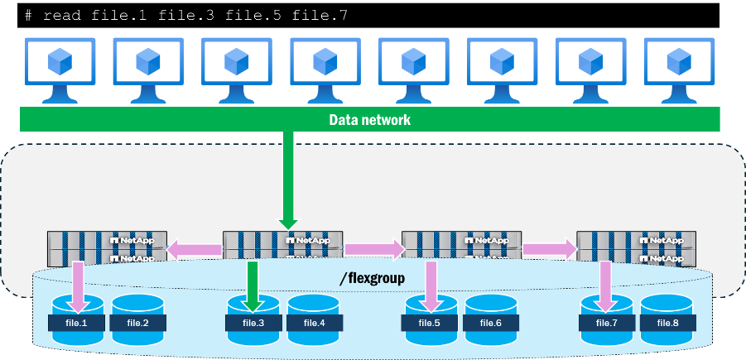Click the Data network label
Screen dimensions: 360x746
click(369, 120)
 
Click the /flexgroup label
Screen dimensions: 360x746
click(372, 278)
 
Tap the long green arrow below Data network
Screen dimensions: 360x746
click(288, 178)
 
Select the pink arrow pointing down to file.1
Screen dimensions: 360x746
click(78, 280)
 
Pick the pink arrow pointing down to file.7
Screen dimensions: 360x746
click(606, 280)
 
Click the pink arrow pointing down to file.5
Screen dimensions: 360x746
click(430, 280)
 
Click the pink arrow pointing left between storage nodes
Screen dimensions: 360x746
click(195, 247)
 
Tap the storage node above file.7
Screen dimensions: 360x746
click(632, 247)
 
